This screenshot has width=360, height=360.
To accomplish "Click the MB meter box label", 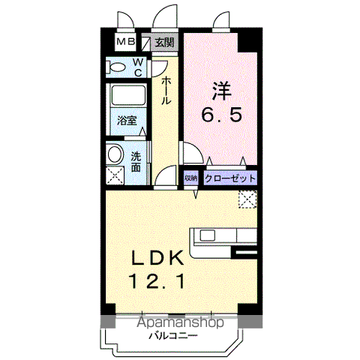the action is tap(126, 41).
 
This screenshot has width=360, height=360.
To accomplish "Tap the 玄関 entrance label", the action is tap(164, 42).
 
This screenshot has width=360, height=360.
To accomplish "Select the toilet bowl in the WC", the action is tap(115, 67).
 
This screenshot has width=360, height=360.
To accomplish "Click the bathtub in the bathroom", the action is tap(128, 95).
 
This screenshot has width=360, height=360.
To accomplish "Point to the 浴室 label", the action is tap(127, 121).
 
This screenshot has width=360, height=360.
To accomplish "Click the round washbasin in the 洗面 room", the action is tap(115, 154).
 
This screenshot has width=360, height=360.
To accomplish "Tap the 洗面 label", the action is tap(136, 162).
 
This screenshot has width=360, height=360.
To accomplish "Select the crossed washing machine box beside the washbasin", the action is tap(115, 175).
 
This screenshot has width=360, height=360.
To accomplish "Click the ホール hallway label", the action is tap(166, 91).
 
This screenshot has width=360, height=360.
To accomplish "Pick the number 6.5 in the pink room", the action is tap(222, 115).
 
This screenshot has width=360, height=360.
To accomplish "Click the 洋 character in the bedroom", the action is tap(222, 91).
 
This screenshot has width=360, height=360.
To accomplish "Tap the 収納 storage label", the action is tap(191, 178).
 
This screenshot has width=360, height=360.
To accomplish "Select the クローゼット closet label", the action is tap(230, 178).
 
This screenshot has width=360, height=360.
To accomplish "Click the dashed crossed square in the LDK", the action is tap(247, 199).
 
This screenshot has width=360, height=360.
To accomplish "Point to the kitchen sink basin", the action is tap(207, 235).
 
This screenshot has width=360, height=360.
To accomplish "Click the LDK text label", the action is tap(157, 258).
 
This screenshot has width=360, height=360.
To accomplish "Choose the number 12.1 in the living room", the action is tap(157, 280).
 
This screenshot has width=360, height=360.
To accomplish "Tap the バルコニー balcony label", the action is tap(173, 336).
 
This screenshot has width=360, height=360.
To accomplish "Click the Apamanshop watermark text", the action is tap(180, 322).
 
